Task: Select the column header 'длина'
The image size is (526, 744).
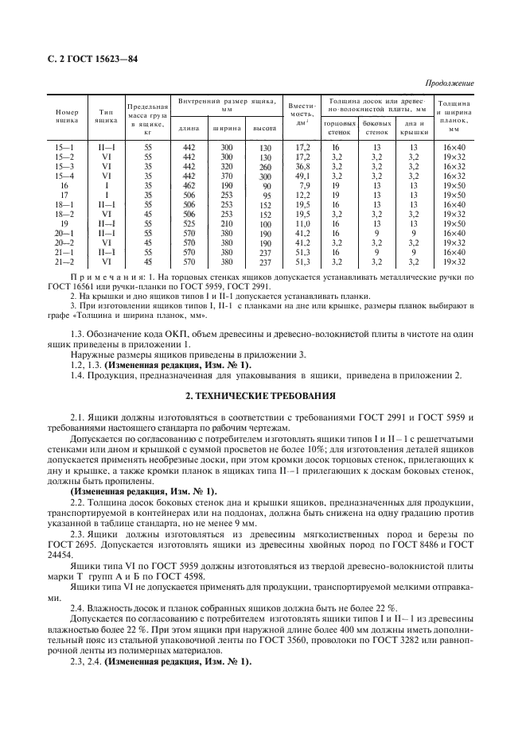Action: point(189,128)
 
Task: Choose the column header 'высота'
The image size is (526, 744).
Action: point(264,128)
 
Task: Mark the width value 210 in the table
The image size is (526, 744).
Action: point(227,223)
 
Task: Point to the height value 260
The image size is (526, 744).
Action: point(265,167)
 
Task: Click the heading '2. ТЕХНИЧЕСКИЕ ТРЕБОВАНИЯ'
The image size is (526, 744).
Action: point(263,395)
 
